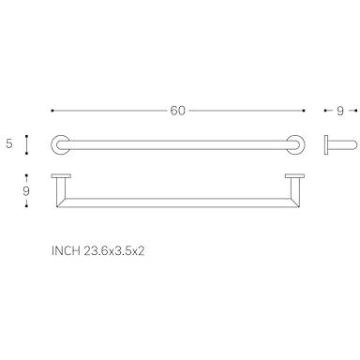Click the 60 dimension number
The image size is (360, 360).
click(178, 111)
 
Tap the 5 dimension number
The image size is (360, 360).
click(9, 143)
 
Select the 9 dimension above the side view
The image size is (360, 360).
click(340, 111)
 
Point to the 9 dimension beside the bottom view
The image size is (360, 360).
click(26, 191)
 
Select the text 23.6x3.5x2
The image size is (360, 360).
click(114, 251)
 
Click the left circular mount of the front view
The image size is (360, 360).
click(61, 145)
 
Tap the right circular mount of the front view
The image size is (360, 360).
click(295, 145)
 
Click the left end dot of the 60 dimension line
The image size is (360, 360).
click(52, 111)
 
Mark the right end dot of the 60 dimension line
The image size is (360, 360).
click(304, 111)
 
